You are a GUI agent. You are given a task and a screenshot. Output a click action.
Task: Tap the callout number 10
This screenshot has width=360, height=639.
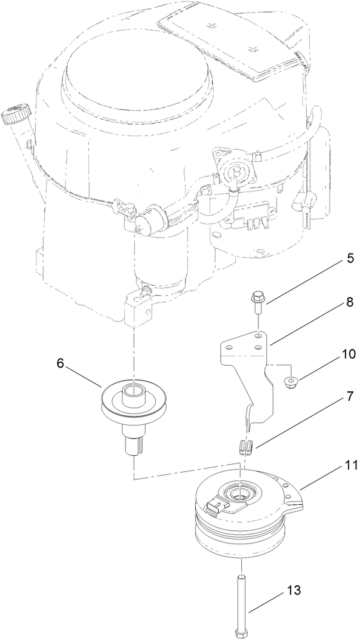(347, 354)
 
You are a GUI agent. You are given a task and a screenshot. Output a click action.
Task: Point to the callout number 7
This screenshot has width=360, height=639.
(347, 412)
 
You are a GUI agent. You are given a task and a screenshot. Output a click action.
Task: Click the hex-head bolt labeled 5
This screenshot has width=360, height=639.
(258, 302)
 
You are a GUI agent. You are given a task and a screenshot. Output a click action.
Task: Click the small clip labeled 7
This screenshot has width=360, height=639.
(245, 446)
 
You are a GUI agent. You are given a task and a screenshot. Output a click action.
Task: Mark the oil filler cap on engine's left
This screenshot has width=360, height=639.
(14, 113)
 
